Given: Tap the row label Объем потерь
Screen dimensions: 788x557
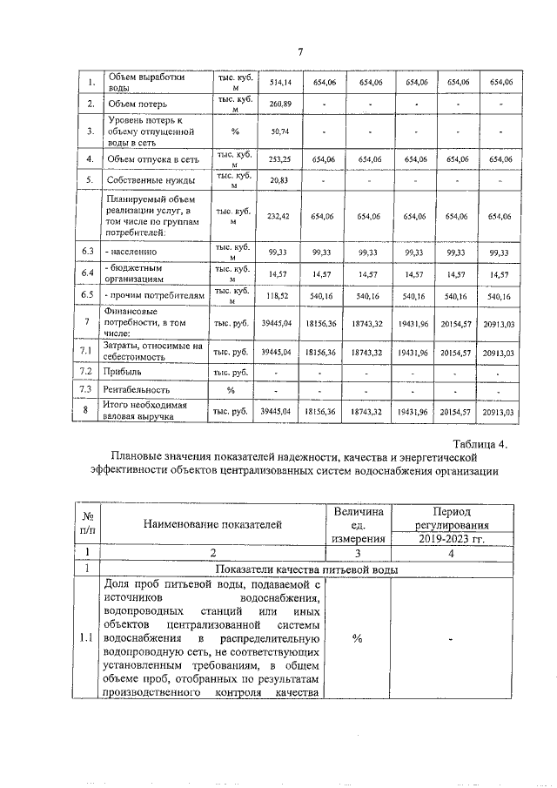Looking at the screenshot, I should [x=133, y=104].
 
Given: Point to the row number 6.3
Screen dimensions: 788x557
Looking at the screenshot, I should [x=88, y=252].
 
